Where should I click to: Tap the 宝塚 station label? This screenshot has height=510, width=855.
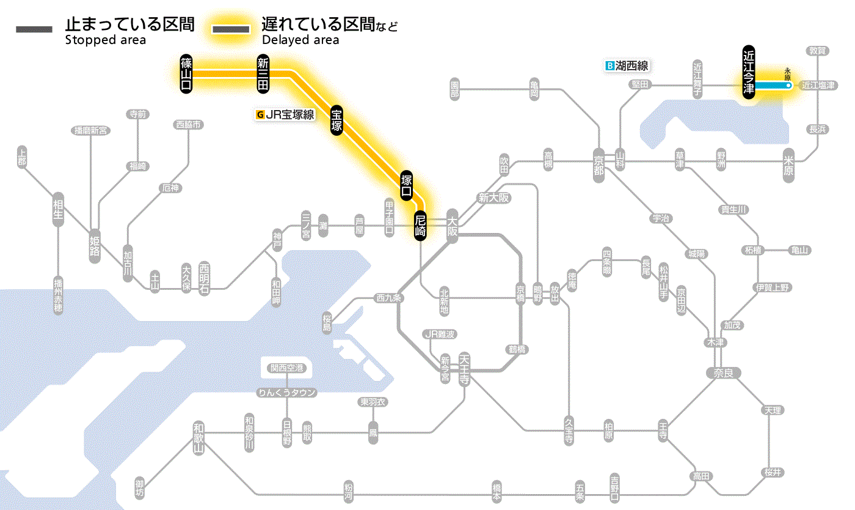coord(337,120)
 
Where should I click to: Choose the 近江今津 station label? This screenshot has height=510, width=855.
coord(749,72)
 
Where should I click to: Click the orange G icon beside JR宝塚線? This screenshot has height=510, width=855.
coord(261,114)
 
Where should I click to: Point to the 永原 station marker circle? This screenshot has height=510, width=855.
coord(788,86)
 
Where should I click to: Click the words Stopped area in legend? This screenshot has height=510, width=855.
coord(105,40)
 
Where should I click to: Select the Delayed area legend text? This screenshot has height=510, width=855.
coord(300,40)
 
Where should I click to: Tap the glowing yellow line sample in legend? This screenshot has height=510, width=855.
coord(231,29)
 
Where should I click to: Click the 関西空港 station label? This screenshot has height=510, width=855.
coord(287,368)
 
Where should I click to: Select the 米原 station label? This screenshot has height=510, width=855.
coord(789,164)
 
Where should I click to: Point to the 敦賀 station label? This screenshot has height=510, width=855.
coord(818,51)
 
